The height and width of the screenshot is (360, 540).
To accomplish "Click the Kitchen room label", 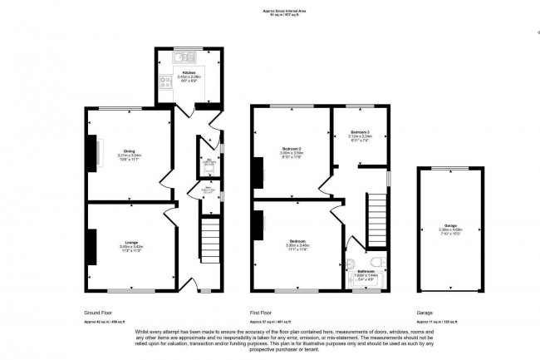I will click(189, 73).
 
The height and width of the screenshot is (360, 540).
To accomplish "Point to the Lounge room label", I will click(131, 244).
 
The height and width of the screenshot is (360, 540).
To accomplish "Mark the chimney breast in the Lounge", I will click(90, 245).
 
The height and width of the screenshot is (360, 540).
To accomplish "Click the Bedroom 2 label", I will click(291, 149).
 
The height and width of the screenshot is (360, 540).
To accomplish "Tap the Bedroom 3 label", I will click(360, 132).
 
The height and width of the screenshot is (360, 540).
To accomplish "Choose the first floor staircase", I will click(378, 219).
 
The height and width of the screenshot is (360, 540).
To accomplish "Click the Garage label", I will click(451, 226).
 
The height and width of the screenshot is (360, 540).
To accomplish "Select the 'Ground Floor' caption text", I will click(99, 313).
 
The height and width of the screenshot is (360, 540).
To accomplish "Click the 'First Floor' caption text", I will click(262, 313).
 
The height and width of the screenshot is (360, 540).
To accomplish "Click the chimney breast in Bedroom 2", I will click(258, 172).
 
